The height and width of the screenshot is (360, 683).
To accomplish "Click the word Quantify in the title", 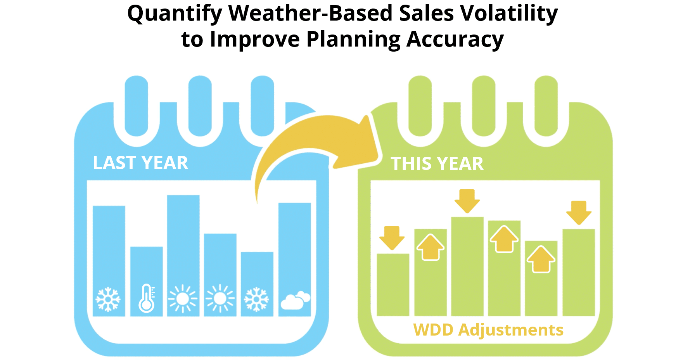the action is coord(175,14).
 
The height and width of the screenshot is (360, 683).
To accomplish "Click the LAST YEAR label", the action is coord(140,163).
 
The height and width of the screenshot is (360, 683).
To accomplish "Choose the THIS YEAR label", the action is coord(437,164).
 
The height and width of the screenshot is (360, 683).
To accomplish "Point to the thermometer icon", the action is coord(147,298).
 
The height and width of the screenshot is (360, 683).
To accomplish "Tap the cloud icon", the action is coord(295,300).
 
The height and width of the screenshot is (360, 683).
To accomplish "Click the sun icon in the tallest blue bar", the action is coord(183,299).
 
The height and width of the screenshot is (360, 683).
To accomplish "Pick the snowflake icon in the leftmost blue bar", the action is coord(108,299).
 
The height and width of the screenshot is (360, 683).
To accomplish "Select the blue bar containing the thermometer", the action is coord(146,281).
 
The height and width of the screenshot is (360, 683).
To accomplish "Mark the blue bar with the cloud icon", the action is coord(295,260).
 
